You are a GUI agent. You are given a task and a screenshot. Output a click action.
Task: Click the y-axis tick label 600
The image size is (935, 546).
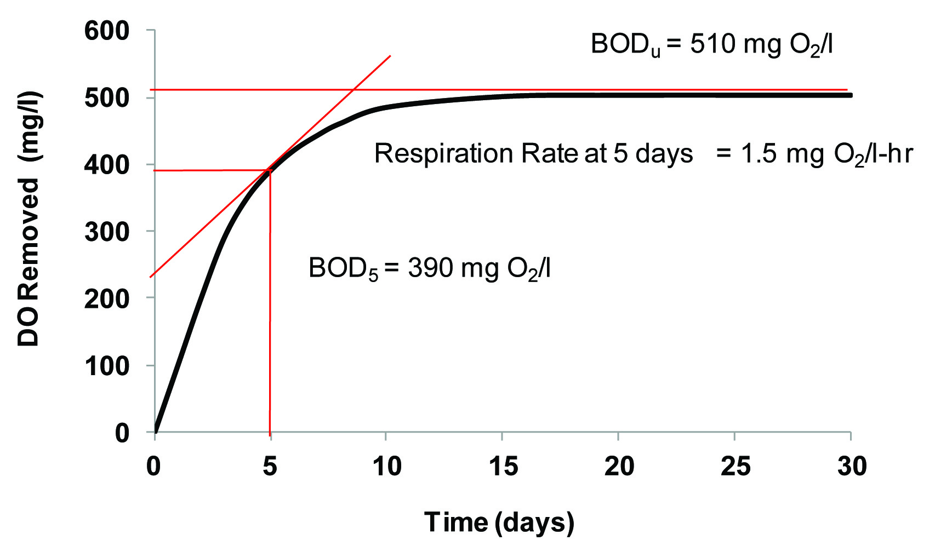[107, 31]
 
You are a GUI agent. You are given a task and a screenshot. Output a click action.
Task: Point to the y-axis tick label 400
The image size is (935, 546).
[107, 165]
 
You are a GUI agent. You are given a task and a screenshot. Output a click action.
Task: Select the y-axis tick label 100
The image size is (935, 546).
[107, 366]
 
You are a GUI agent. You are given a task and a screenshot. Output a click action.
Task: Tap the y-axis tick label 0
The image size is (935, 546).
[122, 433]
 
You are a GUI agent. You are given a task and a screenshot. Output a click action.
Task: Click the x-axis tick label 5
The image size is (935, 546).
[270, 466]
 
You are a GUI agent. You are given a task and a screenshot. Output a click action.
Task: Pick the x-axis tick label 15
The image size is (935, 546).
[502, 466]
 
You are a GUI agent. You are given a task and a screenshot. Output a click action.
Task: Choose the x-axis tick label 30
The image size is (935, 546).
[852, 466]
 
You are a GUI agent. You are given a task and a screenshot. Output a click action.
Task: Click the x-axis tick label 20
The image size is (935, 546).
[619, 466]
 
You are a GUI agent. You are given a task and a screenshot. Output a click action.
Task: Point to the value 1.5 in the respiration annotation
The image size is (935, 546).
[759, 154]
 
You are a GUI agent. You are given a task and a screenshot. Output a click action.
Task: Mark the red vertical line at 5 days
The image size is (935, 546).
[270, 329]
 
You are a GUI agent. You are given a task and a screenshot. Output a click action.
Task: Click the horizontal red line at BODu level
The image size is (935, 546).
[603, 89]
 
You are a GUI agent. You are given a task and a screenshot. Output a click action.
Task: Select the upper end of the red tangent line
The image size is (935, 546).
[390, 55]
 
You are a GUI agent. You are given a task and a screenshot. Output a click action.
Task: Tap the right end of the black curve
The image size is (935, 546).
[851, 95]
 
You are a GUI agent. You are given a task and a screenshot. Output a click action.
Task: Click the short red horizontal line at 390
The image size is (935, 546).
[208, 170]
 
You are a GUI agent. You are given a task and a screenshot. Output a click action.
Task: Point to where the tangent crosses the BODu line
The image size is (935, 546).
[354, 89]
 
